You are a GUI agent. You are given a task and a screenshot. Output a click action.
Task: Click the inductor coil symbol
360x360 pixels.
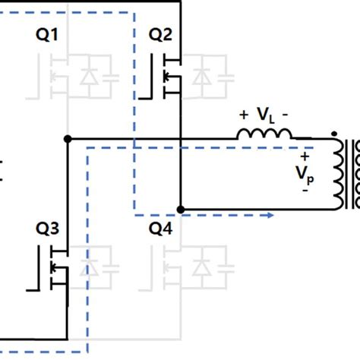[264, 135]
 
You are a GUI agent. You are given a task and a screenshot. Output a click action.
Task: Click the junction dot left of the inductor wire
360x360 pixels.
[68, 139]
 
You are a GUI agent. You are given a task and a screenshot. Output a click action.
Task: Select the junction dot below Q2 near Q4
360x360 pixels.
[180, 208]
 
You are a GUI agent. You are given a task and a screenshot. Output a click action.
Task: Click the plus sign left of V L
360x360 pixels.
[244, 115]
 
